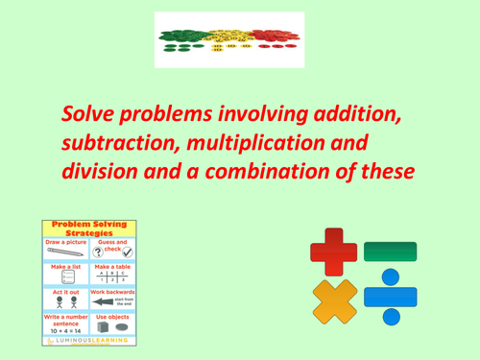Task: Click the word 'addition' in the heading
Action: pos(355,115)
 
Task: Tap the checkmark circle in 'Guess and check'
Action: pos(126,252)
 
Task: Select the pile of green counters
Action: pos(183,36)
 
